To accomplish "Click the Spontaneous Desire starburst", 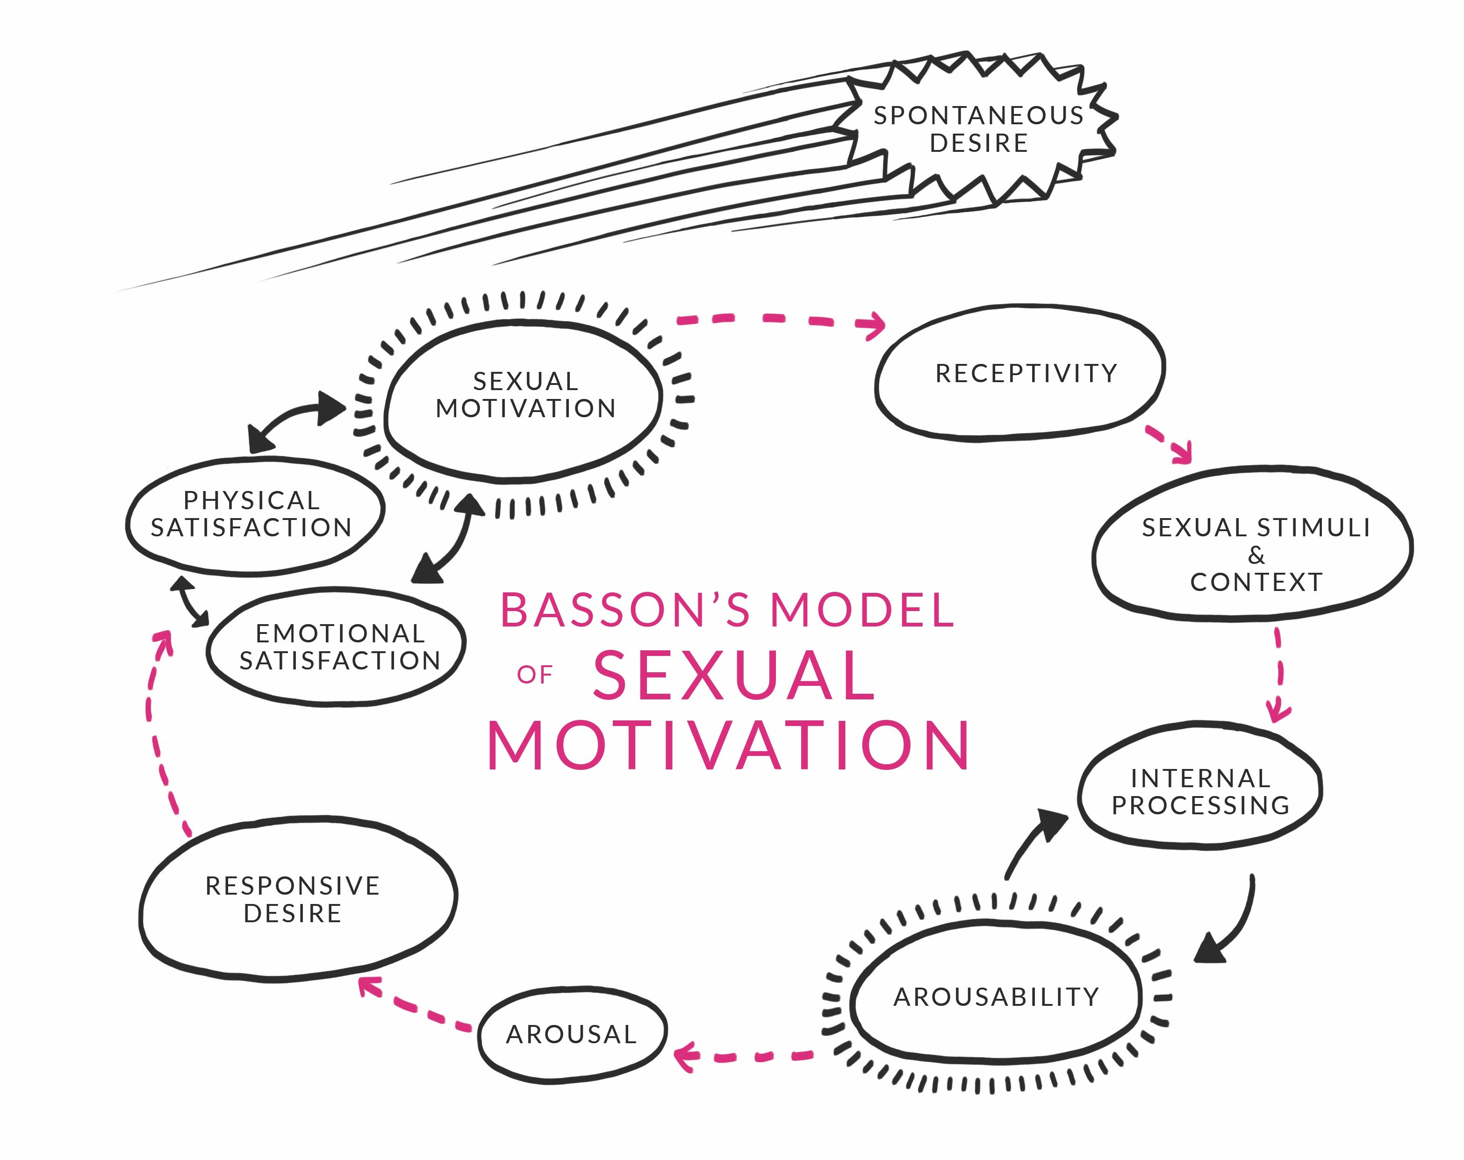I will [978, 129].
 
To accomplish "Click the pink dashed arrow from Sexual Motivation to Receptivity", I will [781, 319].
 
